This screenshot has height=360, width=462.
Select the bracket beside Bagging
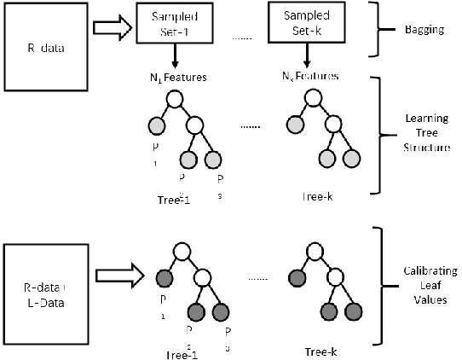coord(372,28)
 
